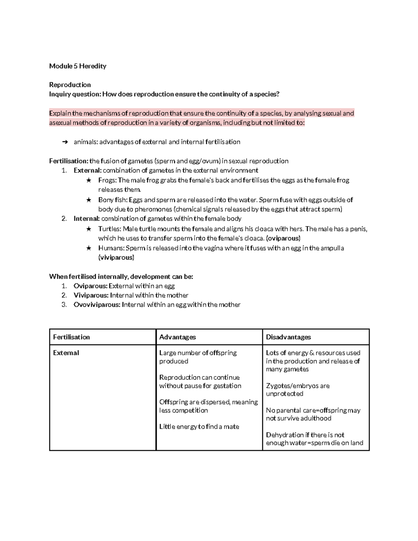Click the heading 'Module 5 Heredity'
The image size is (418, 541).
(78, 66)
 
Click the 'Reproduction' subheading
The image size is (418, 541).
(70, 85)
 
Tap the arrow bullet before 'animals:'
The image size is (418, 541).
(64, 142)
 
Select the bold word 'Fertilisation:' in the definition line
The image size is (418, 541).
(69, 161)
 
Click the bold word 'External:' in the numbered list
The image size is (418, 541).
(87, 170)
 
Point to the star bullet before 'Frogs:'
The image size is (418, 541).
(89, 180)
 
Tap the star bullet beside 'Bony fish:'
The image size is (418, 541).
(89, 200)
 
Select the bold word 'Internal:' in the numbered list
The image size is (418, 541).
(86, 219)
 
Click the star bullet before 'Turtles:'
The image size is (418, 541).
(89, 229)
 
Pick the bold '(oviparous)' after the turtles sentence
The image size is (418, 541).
(283, 239)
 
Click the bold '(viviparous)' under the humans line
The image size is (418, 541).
(116, 258)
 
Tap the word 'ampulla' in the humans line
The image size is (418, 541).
(332, 248)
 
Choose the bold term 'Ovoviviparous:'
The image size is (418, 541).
(97, 305)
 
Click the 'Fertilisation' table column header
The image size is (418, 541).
(71, 337)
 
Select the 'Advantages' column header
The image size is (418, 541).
(177, 337)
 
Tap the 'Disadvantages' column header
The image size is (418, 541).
(288, 337)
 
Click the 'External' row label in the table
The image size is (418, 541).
(66, 353)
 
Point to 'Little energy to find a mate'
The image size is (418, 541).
(199, 427)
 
